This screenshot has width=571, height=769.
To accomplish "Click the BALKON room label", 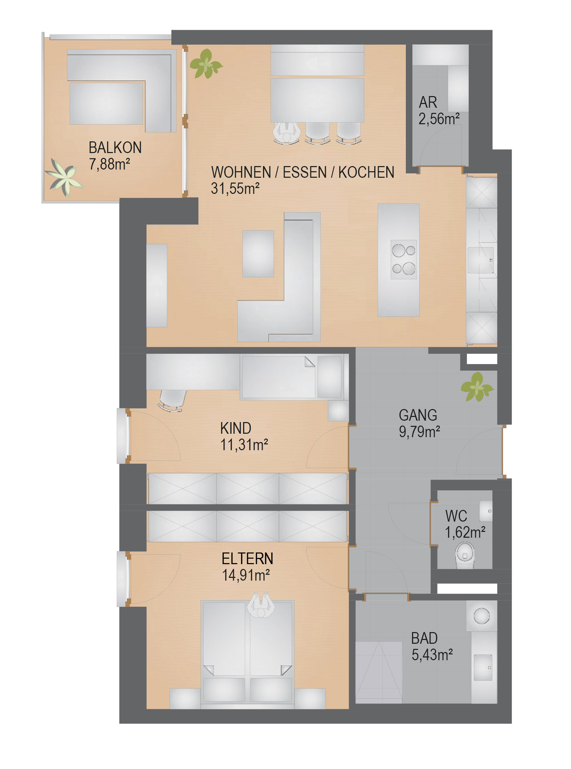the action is [115, 148].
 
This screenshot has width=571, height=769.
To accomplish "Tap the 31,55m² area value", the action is [235, 189].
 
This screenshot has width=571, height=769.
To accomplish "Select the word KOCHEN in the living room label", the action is [366, 172].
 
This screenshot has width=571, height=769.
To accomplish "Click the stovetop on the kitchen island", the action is [404, 259].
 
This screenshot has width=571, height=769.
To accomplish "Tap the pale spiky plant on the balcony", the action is [64, 177].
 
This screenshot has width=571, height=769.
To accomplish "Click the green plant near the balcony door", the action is [206, 64].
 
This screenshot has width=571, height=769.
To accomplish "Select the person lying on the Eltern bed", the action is [261, 605].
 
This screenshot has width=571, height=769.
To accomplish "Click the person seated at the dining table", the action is [287, 133].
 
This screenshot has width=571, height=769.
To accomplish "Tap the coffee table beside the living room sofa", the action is [258, 254].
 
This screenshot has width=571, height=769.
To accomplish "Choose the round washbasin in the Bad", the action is [481, 616].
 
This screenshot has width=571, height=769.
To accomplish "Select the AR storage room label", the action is [428, 102].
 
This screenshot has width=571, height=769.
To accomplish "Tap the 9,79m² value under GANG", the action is [419, 432].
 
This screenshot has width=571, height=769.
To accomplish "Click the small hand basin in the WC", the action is [486, 511].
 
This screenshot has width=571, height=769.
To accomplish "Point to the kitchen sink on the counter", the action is [480, 260].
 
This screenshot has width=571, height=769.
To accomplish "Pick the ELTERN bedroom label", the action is [247, 559].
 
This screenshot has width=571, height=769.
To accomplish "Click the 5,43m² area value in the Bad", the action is [432, 655].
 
